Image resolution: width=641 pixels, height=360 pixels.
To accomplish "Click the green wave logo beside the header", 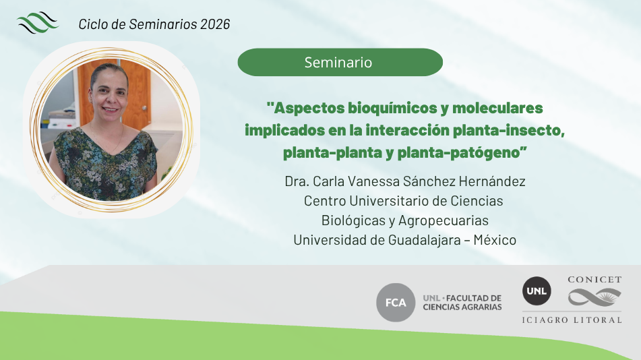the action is [x=38, y=22].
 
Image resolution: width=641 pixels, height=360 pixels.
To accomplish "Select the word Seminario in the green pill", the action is [x=338, y=63].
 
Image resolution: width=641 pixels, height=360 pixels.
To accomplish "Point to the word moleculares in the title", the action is [x=497, y=108].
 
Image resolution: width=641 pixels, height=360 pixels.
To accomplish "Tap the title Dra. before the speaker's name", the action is [x=297, y=181].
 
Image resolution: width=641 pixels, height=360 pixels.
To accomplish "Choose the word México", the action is [x=495, y=240].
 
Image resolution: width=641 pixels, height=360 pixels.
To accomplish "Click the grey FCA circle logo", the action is [x=396, y=302].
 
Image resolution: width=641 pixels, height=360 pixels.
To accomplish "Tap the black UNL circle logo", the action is [x=537, y=291].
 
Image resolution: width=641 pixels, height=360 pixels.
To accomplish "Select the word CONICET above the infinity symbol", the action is [x=594, y=280].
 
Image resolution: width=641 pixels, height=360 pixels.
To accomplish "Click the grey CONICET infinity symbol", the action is [x=594, y=297].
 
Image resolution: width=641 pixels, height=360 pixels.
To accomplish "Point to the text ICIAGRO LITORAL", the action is [x=572, y=320].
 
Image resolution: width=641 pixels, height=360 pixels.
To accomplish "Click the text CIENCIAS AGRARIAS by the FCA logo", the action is [x=462, y=307].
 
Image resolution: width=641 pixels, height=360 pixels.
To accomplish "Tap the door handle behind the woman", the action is [x=144, y=108].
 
